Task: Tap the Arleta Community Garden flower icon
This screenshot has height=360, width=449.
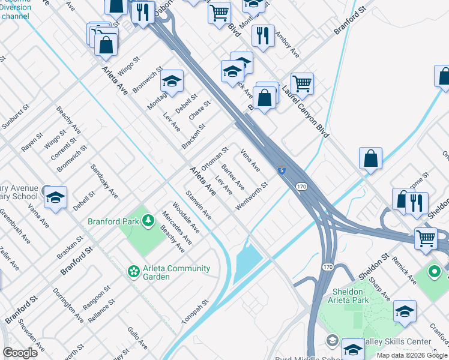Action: [x=133, y=272]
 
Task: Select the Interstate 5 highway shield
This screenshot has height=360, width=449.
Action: [x=281, y=170]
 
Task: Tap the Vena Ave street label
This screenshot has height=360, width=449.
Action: [x=250, y=159]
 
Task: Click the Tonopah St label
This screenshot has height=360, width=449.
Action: [x=194, y=311]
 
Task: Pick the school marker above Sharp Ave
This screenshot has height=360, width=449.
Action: [x=405, y=311]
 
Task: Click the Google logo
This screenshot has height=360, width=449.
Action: [x=20, y=353]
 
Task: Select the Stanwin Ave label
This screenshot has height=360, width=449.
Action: [x=198, y=205]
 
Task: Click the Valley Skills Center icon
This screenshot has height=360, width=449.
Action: [x=332, y=341]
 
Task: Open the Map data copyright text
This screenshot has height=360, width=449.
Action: [x=412, y=355]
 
